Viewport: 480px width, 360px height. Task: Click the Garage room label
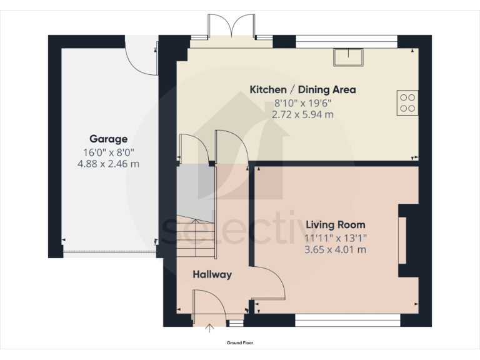(108, 139)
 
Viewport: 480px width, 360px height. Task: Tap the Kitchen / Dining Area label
(302, 89)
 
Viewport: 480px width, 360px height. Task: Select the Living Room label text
(335, 224)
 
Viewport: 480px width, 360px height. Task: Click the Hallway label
(212, 274)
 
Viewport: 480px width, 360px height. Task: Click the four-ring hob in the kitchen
(407, 102)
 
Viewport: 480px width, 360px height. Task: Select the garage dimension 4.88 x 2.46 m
(108, 164)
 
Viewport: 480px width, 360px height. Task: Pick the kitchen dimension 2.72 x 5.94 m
(302, 114)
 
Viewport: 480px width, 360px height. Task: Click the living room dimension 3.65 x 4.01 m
(335, 249)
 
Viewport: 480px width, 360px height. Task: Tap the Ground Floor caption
(240, 342)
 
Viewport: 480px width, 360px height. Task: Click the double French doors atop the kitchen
(231, 28)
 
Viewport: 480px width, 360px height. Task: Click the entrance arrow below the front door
(211, 326)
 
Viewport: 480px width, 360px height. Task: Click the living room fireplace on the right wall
(403, 241)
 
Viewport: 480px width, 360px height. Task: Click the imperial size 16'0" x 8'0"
(108, 152)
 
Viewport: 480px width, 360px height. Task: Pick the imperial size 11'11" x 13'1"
(335, 237)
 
